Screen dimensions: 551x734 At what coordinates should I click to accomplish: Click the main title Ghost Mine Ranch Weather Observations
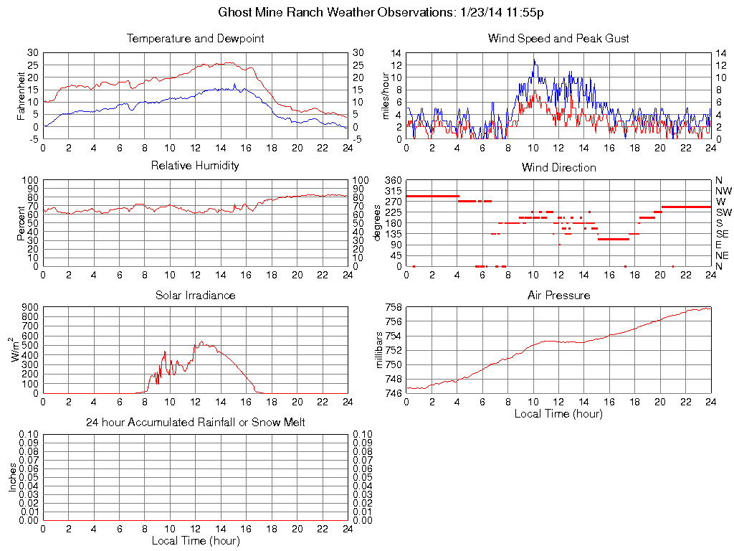coord(381,12)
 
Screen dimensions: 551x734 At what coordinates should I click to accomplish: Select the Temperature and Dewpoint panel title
coord(195,38)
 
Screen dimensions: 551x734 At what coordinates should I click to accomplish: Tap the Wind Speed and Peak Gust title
coord(558,38)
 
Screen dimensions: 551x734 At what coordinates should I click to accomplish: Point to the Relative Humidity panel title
coord(195,166)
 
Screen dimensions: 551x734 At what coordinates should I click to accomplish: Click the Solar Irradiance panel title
coord(195,295)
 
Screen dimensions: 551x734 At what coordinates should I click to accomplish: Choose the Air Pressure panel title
coord(558,295)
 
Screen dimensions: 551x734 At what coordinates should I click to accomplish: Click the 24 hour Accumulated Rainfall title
coord(195,423)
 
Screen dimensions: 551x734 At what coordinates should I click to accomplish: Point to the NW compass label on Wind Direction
coord(723,191)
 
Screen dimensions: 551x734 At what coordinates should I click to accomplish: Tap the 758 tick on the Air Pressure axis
coord(393,308)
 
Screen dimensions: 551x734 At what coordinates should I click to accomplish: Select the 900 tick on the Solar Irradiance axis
coord(29,308)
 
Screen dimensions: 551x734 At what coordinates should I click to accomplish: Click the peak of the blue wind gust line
coord(533,60)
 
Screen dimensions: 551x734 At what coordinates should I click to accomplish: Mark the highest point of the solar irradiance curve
coord(201,342)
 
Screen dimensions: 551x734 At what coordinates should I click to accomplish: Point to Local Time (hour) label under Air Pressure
coord(558,413)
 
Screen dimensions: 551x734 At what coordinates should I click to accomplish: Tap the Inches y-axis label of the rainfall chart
coord(13,477)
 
